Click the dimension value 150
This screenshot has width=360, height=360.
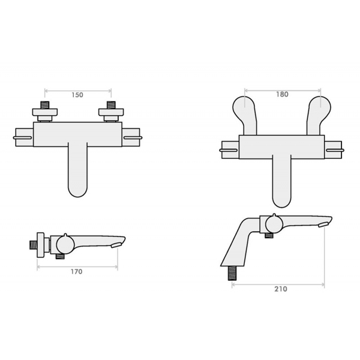(x=77, y=95)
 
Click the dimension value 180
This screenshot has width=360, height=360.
(x=283, y=94)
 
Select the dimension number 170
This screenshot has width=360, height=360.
(x=76, y=271)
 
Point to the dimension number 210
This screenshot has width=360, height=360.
(x=280, y=289)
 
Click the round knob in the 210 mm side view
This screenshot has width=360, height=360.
(x=271, y=226)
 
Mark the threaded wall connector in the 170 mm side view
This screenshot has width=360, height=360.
(x=31, y=245)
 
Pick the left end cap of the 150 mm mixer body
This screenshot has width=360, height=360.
(x=24, y=137)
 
